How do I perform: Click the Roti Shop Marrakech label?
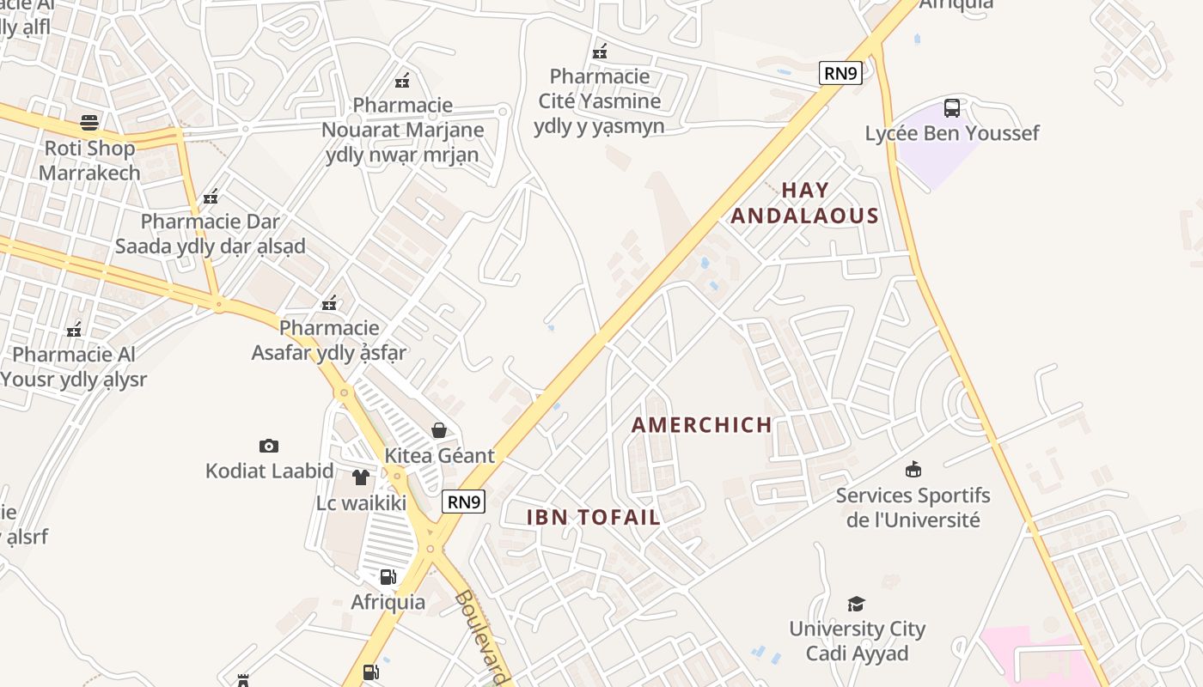pyautogui.click(x=89, y=160)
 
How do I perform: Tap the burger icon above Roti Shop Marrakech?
pyautogui.click(x=89, y=123)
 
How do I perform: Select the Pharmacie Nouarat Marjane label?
pyautogui.click(x=402, y=130)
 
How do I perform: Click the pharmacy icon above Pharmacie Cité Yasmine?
pyautogui.click(x=600, y=52)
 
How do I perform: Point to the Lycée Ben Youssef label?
pyautogui.click(x=952, y=133)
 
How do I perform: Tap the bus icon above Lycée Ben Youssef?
pyautogui.click(x=952, y=108)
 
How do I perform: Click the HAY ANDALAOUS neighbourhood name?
pyautogui.click(x=804, y=203)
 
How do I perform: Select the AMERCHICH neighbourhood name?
pyautogui.click(x=702, y=424)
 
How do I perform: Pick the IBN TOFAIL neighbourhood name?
pyautogui.click(x=593, y=517)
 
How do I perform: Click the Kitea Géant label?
pyautogui.click(x=440, y=455)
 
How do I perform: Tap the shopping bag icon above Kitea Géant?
pyautogui.click(x=439, y=429)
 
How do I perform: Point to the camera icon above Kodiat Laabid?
pyautogui.click(x=269, y=446)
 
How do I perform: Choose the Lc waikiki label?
pyautogui.click(x=361, y=502)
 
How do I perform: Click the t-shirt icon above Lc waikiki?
pyautogui.click(x=361, y=477)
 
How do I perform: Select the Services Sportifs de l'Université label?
pyautogui.click(x=913, y=508)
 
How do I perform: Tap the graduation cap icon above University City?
pyautogui.click(x=856, y=604)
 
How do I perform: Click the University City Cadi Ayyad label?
pyautogui.click(x=857, y=641)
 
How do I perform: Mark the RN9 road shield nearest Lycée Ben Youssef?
pyautogui.click(x=840, y=73)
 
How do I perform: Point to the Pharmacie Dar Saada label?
pyautogui.click(x=210, y=234)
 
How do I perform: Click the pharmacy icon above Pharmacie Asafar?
pyautogui.click(x=329, y=303)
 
